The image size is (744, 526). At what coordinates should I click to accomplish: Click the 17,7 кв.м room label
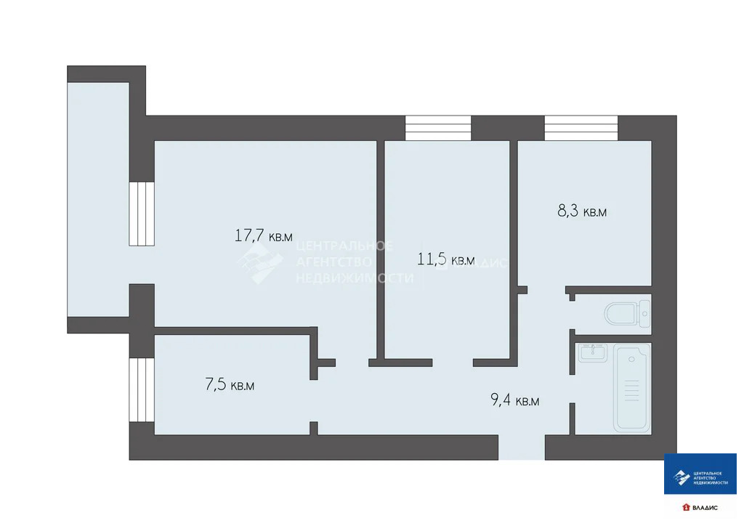(x=263, y=235)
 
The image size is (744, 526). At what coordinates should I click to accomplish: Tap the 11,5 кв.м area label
(x=445, y=259)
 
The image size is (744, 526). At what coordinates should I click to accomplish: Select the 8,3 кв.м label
(x=581, y=212)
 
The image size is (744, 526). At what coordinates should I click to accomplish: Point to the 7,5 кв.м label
(x=230, y=385)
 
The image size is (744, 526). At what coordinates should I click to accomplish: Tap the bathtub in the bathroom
(x=632, y=389)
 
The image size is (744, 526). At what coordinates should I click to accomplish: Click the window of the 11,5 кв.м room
(x=438, y=128)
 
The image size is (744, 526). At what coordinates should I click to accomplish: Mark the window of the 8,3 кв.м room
(x=581, y=128)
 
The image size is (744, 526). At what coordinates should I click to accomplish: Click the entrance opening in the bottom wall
(x=521, y=448)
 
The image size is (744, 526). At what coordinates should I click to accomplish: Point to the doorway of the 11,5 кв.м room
(x=452, y=361)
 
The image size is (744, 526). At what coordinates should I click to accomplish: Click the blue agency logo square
(x=700, y=474)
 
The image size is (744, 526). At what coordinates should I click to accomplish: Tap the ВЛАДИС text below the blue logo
(x=704, y=506)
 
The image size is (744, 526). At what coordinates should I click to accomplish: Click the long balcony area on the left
(x=97, y=200)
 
